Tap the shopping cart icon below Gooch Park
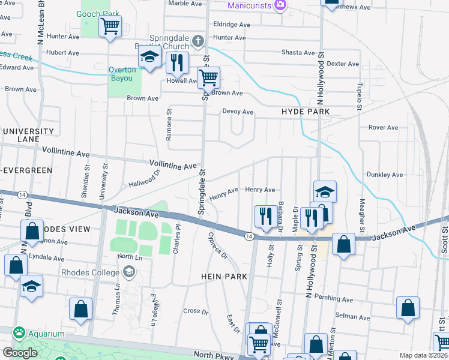110,26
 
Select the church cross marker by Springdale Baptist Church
198,41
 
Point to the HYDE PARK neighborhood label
306,112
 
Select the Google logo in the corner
20,353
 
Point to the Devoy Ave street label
238,112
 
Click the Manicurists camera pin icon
280,5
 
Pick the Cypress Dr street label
217,245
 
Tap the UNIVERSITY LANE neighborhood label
28,135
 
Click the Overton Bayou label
122,74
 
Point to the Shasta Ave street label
298,53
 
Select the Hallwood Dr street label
144,178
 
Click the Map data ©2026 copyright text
424,355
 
